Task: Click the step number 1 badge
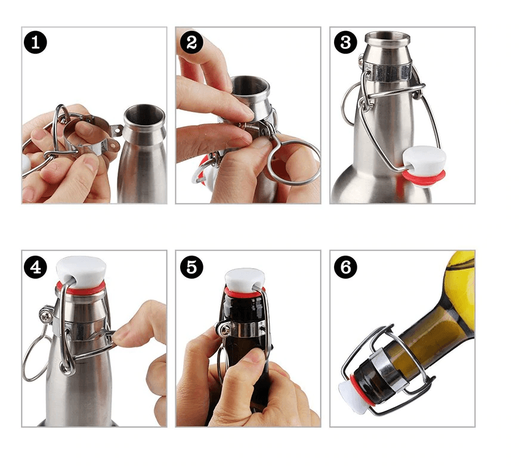point(35,42)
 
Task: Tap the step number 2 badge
point(191,42)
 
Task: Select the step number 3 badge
point(345,42)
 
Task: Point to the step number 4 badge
point(35,267)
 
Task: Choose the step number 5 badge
point(191,267)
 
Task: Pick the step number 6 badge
point(345,267)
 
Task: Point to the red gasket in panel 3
point(424,178)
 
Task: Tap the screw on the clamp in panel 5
point(225,330)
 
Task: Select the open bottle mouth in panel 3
point(388,36)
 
